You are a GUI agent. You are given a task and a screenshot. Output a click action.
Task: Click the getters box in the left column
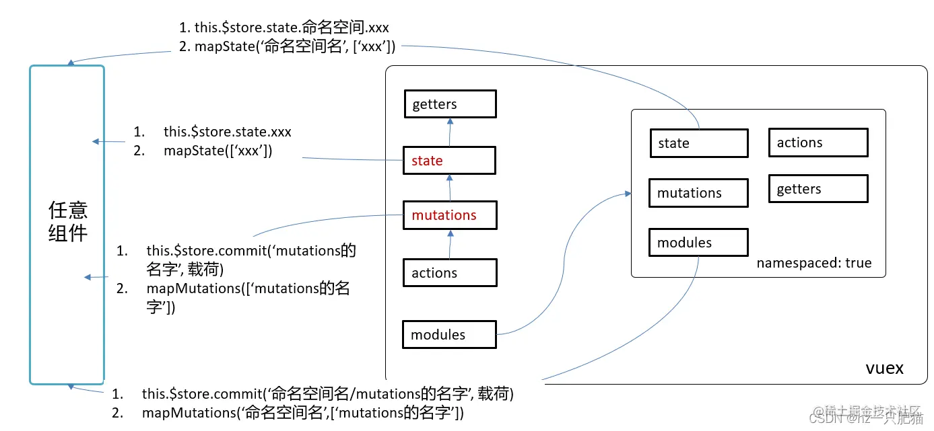pos(450,104)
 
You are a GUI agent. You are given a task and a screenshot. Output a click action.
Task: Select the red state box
pos(450,161)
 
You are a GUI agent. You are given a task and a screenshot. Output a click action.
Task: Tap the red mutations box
pos(450,215)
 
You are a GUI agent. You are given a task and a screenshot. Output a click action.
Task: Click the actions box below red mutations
pos(450,273)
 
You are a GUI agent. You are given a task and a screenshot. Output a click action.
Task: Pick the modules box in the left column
pos(449,335)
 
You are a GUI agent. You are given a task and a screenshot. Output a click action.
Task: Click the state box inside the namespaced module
pos(698,143)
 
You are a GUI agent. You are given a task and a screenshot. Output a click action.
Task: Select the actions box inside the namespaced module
pos(818,143)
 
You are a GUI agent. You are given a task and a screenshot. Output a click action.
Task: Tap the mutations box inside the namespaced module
pos(698,193)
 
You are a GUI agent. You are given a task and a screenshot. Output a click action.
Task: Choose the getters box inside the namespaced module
pos(818,189)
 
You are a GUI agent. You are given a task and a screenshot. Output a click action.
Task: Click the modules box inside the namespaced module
pos(698,243)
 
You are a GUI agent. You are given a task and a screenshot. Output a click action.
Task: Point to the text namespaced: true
pos(813,263)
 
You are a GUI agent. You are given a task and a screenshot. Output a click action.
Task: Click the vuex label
pos(884,368)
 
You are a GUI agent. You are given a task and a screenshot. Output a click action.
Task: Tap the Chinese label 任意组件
pos(67,221)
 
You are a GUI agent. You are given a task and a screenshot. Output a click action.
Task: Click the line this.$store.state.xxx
pos(227,132)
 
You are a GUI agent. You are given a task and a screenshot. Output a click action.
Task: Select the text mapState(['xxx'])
pos(218,151)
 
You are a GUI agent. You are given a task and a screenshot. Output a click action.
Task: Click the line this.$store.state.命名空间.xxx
pos(283,28)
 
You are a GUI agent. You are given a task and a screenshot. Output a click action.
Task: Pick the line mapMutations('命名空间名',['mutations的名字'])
pos(302,412)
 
